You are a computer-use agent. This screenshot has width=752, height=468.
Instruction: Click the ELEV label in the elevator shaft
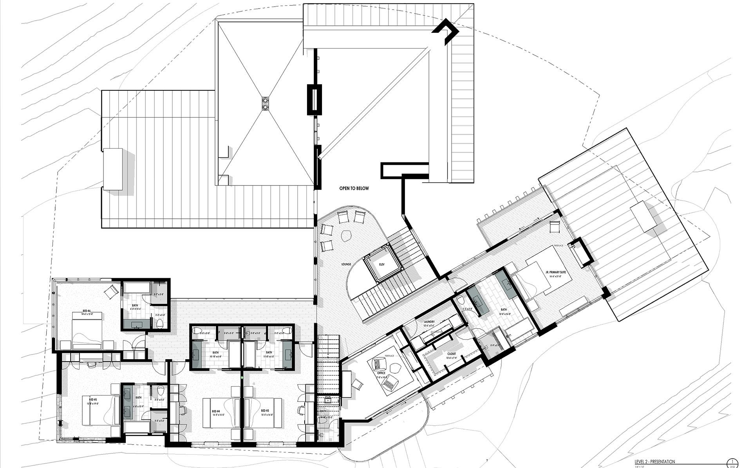tap(382, 265)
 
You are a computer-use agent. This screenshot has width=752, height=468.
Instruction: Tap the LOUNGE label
tap(346, 264)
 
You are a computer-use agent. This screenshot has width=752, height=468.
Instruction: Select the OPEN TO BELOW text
tap(354, 189)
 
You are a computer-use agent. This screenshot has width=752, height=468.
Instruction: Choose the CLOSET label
tap(451, 353)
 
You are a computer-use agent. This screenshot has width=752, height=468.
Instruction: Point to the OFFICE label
tap(381, 373)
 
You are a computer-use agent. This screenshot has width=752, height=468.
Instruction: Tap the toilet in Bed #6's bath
tap(160, 324)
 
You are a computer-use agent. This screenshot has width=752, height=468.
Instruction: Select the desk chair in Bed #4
tap(183, 410)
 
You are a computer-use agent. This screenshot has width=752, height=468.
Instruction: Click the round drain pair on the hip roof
tap(265, 103)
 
